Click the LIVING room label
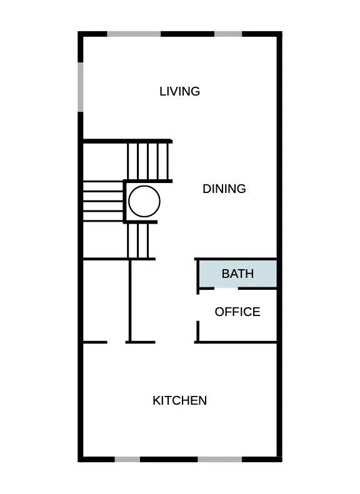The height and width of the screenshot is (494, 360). pos(179,91)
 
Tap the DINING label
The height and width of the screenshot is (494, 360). pos(224,189)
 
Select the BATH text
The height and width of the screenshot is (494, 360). pos(237,274)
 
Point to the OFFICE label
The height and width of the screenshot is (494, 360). pos(237,312)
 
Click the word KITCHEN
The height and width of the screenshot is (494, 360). pos(179,400)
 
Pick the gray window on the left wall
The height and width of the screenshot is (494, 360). pos(81,87)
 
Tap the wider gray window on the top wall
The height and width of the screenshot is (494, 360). pos(134,34)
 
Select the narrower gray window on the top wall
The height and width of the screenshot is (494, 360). pos(228,34)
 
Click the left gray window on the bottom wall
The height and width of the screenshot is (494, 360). pos(127,460)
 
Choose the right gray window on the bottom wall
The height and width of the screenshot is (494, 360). pos(220,460)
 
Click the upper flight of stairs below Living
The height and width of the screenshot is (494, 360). pos(148,161)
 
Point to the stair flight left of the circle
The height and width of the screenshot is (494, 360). pos(103,202)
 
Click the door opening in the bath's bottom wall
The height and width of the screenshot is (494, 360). pos(226,289)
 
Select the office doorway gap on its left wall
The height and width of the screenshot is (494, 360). pos(197,308)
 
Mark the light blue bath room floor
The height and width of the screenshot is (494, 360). pos(237,274)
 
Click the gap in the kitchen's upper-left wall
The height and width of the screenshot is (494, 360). pos(116,342)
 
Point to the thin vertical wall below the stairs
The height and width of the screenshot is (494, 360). pos(129,300)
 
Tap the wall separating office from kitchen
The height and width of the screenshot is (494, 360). pos(236,342)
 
